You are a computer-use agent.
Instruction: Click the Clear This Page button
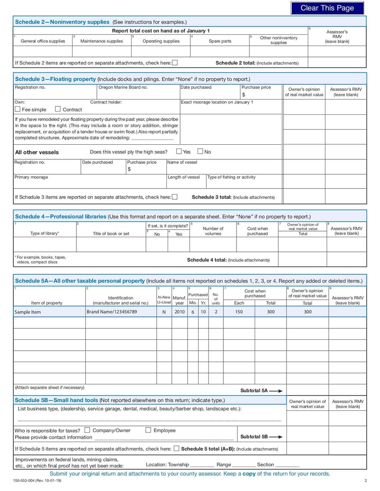point(327,8)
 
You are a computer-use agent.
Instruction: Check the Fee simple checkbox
point(18,109)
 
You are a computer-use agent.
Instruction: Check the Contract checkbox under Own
point(58,109)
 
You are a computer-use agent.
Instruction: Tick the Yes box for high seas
point(179,151)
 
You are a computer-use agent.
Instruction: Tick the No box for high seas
point(200,151)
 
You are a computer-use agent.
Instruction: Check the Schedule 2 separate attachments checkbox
point(175,63)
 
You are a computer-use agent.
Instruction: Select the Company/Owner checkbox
point(87,430)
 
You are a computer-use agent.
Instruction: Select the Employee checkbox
point(148,430)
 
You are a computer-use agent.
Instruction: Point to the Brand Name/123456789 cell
point(112,312)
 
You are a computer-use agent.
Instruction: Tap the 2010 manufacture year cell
point(180,312)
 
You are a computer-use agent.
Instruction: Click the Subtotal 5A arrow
point(276,390)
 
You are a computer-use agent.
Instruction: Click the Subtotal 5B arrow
point(276,437)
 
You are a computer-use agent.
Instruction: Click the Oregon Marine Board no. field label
point(123,87)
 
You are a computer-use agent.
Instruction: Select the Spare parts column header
point(220,41)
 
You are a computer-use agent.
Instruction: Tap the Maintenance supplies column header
point(101,41)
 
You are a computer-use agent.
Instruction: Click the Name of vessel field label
point(182,162)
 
